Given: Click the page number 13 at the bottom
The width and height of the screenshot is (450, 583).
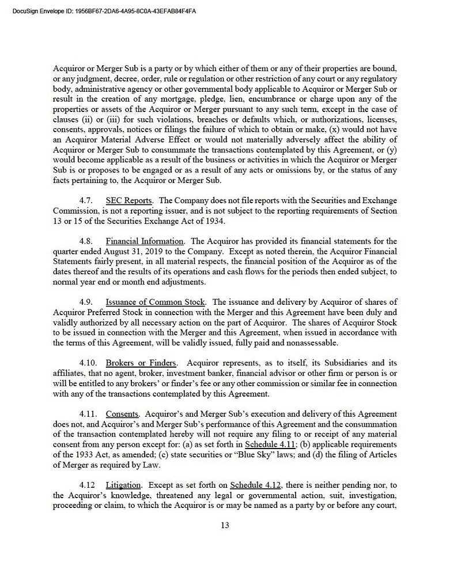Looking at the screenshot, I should click(225, 525).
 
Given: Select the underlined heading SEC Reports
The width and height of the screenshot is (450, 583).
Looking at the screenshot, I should click(129, 200).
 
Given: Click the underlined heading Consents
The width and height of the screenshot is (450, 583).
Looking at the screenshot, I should click(122, 414).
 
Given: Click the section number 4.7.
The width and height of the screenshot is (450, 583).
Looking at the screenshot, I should click(86, 200).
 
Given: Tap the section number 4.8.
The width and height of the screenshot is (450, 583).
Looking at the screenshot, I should click(86, 240).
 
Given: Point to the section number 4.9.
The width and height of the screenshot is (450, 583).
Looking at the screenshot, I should click(86, 302).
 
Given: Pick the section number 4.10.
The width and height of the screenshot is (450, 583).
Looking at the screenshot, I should click(88, 363).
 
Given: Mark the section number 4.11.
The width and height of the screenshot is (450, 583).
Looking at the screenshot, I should click(88, 414).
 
